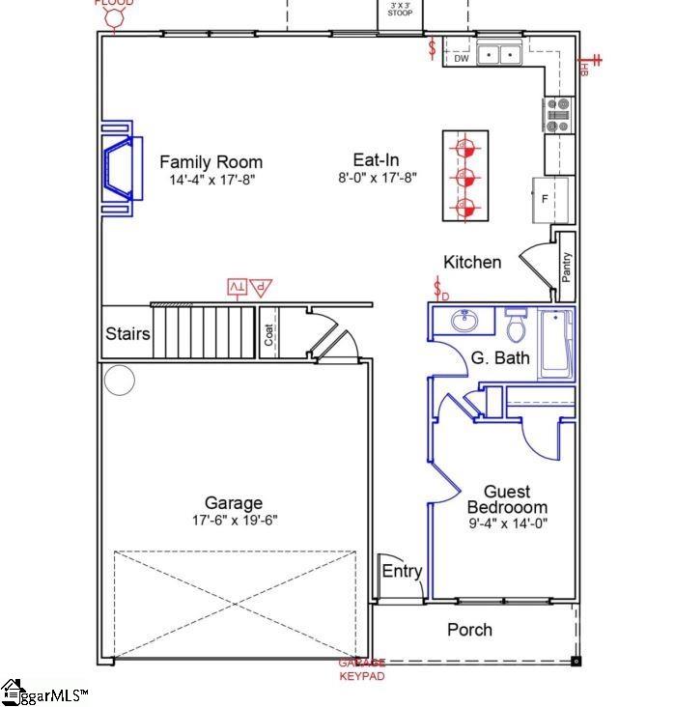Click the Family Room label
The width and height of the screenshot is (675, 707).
pos(211,162)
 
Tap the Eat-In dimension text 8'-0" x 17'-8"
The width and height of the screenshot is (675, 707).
pos(376,179)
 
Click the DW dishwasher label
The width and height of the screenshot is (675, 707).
pos(461,59)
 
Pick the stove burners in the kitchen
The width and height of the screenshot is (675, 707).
pos(559,115)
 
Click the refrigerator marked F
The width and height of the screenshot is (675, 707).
pos(545,199)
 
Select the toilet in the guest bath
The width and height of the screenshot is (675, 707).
pos(516,325)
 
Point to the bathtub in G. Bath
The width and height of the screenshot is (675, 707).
pos(557,343)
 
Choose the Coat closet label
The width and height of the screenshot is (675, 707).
pos(269,334)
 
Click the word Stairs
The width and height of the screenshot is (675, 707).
pos(127,334)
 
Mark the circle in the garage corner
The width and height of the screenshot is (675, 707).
pos(119,381)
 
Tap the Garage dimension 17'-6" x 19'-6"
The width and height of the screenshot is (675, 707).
pos(233,521)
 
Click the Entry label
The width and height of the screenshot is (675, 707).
pos(402,571)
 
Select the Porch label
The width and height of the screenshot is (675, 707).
pos(469,630)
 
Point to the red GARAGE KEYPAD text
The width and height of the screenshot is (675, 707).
pos(362,669)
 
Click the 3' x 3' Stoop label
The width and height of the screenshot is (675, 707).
pos(400,10)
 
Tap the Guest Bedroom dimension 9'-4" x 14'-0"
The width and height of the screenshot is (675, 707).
pos(507,524)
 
